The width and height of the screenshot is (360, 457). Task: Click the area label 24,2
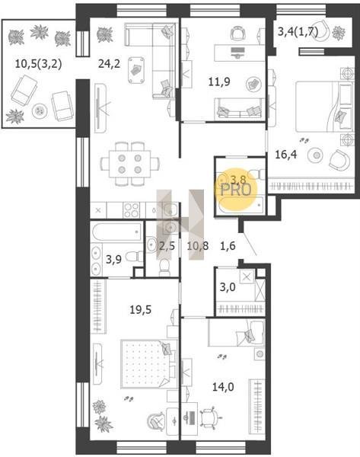[x=109, y=63]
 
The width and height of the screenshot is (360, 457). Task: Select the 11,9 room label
[x=219, y=81]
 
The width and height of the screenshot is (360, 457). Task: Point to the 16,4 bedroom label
[x=286, y=155]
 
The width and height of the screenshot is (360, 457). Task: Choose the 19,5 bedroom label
[x=140, y=309]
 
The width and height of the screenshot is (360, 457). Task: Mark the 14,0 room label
[x=223, y=387]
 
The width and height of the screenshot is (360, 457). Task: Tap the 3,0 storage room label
[x=228, y=287]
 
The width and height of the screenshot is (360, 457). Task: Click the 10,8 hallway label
[x=198, y=246]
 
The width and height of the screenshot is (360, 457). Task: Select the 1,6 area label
[x=228, y=246]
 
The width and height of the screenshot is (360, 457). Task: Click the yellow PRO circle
[x=236, y=189]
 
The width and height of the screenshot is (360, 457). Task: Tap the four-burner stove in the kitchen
[x=131, y=210]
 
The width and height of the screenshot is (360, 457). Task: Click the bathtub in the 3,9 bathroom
[x=117, y=232]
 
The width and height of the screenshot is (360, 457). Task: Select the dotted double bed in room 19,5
[x=149, y=364]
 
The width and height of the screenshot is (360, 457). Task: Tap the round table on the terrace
[x=40, y=110]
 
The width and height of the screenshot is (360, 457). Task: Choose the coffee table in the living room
[x=136, y=70]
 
